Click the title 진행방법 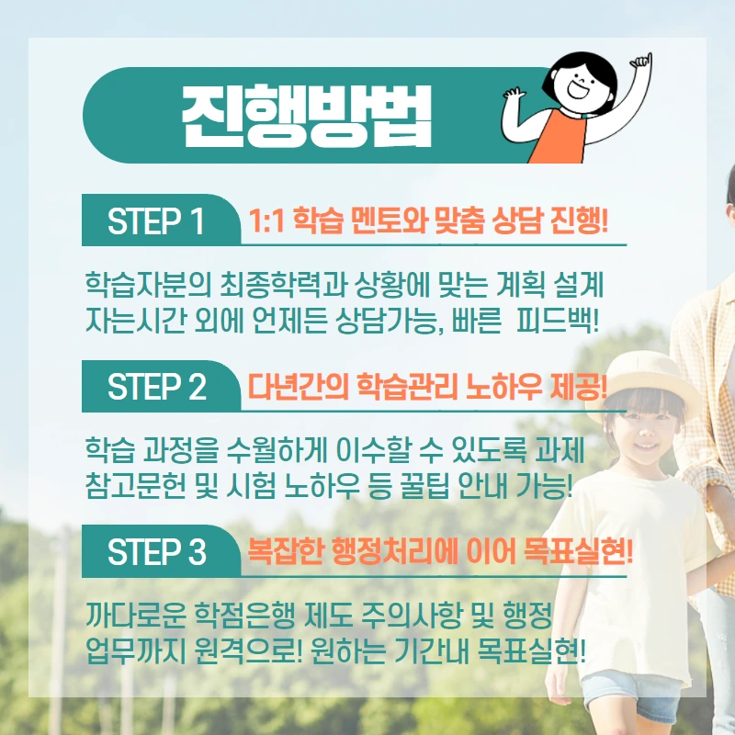(x=307, y=117)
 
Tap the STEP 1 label (x=156, y=222)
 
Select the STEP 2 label (x=157, y=388)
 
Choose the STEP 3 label (x=157, y=552)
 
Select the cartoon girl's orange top (x=559, y=139)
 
